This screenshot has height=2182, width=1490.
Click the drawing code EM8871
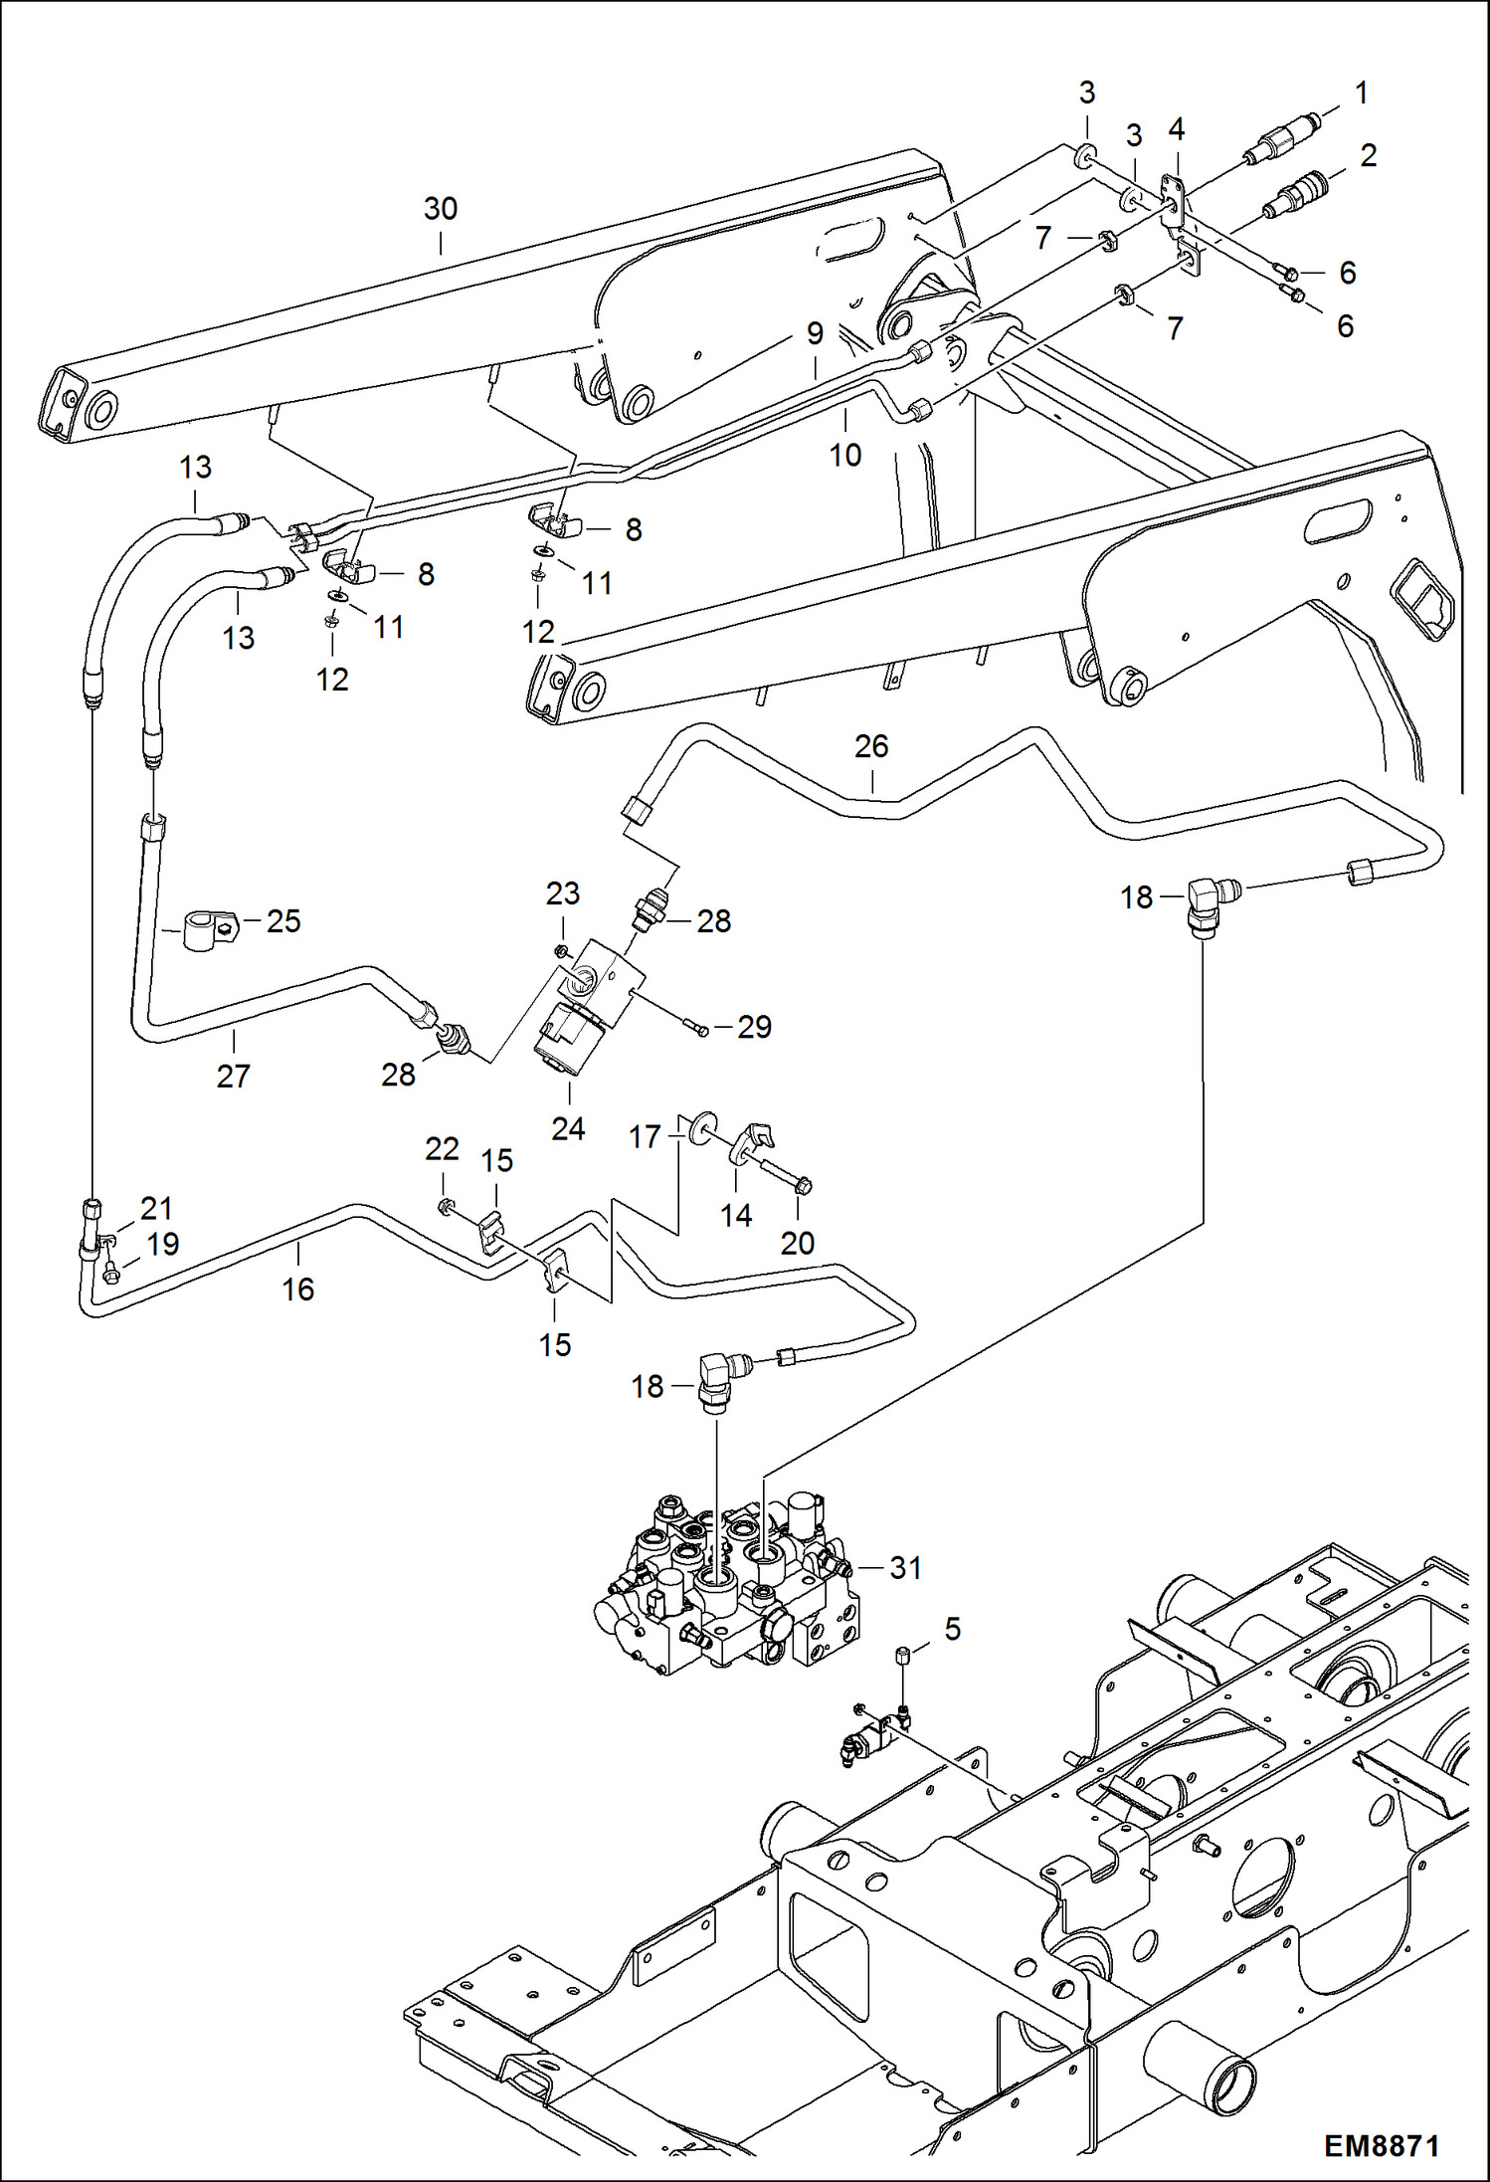pyautogui.click(x=1381, y=2146)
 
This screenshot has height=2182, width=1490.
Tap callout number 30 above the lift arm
pyautogui.click(x=440, y=209)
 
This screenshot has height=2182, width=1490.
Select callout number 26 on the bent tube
pyautogui.click(x=870, y=746)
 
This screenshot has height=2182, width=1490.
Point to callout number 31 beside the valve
pyautogui.click(x=905, y=1567)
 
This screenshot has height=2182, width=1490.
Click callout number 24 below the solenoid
pyautogui.click(x=568, y=1128)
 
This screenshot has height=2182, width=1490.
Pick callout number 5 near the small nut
pyautogui.click(x=952, y=1629)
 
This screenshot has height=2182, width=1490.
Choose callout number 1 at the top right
pyautogui.click(x=1362, y=93)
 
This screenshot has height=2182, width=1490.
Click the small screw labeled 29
pyautogui.click(x=696, y=1028)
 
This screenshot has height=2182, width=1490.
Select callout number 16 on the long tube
pyautogui.click(x=297, y=1289)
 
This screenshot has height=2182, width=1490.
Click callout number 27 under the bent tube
pyautogui.click(x=233, y=1076)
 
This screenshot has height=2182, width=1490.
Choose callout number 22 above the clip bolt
pyautogui.click(x=442, y=1149)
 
